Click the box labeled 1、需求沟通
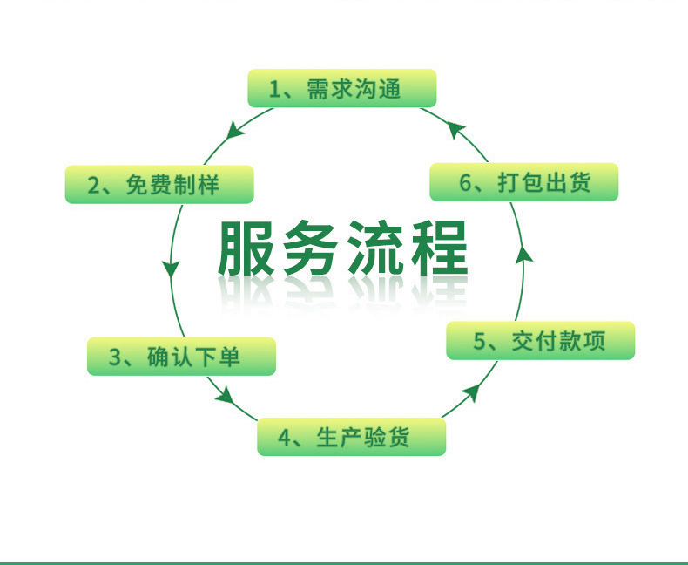tap(341, 88)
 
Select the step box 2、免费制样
tap(159, 185)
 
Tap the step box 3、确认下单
tap(181, 357)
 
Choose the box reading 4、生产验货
tap(351, 437)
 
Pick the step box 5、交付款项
tap(540, 341)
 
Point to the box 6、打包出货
tap(523, 182)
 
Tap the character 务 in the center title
tap(311, 248)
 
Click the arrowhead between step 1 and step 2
tap(234, 132)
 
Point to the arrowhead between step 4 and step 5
tap(471, 392)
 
